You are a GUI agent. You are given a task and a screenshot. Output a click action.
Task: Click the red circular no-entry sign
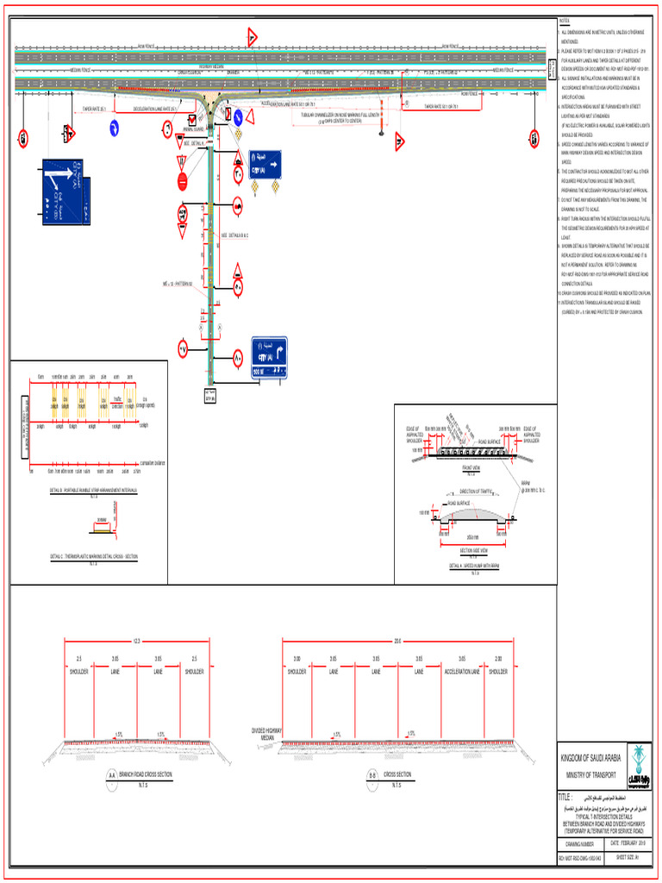click(182, 182)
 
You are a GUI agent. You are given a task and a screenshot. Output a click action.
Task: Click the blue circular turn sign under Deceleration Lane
click(113, 128)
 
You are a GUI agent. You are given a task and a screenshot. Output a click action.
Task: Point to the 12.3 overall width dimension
click(136, 641)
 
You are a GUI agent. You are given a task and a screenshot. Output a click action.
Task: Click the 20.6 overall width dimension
click(397, 641)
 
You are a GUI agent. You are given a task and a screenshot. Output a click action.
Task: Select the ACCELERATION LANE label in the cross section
click(462, 670)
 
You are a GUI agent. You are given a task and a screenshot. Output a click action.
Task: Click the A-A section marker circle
click(110, 775)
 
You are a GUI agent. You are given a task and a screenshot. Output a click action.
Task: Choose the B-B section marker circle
click(372, 775)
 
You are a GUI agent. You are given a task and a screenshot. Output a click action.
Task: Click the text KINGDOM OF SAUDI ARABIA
click(590, 757)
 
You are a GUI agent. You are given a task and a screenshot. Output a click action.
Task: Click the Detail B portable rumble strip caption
click(95, 490)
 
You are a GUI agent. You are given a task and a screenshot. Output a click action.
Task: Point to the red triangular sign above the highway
click(252, 37)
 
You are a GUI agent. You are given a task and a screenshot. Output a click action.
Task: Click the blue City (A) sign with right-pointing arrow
click(265, 162)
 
